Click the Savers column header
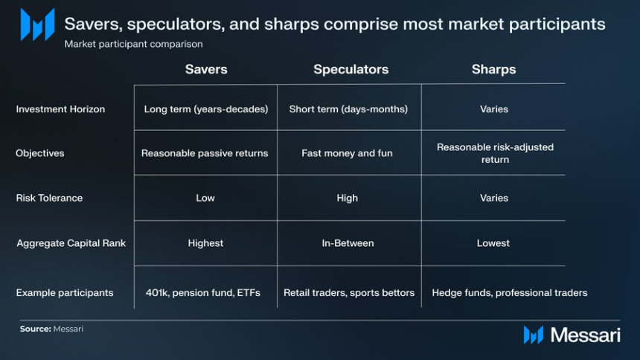(206, 69)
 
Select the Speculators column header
(351, 69)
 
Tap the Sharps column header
(494, 69)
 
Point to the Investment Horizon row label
(60, 109)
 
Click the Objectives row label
(40, 153)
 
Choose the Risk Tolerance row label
(49, 198)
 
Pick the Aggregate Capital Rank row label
(71, 243)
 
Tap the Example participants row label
(65, 292)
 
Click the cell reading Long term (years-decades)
(206, 109)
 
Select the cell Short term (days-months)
(348, 109)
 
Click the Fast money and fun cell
(347, 153)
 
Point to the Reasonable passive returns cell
(205, 153)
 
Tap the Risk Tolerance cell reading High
(348, 198)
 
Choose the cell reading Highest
(205, 243)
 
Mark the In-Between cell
(348, 243)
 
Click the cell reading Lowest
(493, 243)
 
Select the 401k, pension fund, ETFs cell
(203, 292)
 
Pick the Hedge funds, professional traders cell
(509, 292)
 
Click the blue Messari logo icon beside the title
(37, 25)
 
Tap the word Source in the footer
(36, 329)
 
